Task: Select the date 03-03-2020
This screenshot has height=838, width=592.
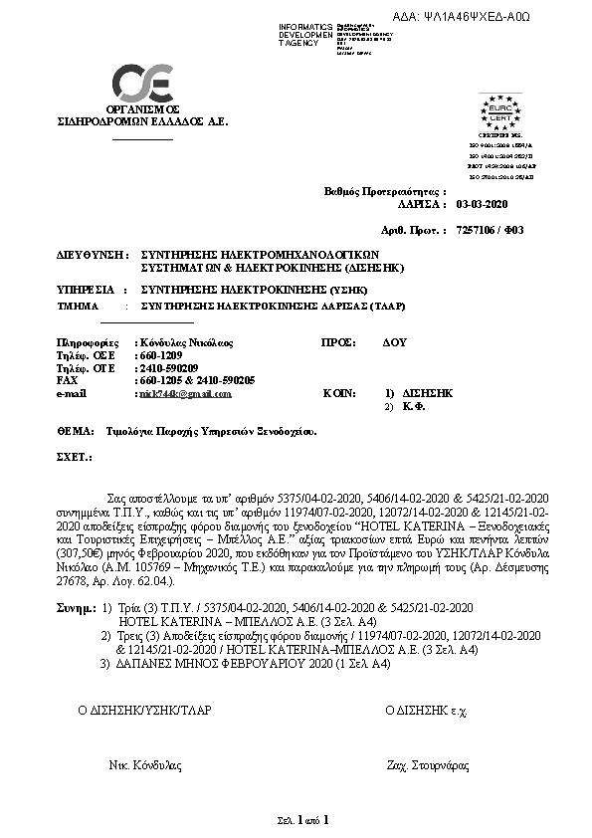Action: point(482,202)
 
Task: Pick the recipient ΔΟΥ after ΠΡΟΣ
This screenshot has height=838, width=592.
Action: point(395,342)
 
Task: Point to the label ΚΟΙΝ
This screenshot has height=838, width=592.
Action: point(339,394)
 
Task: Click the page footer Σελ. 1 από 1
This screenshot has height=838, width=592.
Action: point(301,820)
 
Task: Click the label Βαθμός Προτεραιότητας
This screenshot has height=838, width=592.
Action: point(386,189)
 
